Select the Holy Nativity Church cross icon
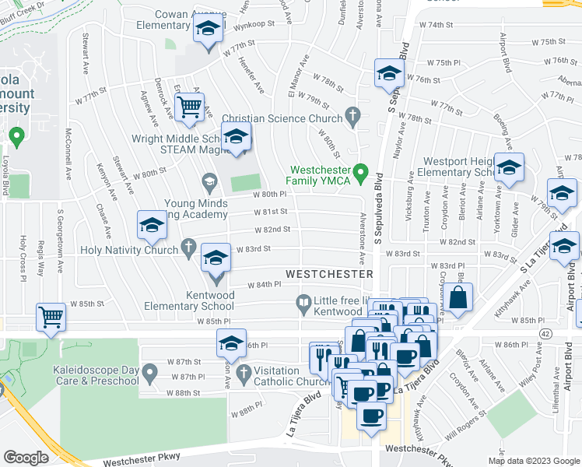pyautogui.click(x=188, y=248)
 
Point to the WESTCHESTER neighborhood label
pyautogui.click(x=329, y=274)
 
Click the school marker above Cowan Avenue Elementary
pyautogui.click(x=208, y=30)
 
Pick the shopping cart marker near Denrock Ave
pyautogui.click(x=189, y=107)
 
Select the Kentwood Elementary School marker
pyautogui.click(x=216, y=260)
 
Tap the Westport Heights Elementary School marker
pyautogui.click(x=509, y=168)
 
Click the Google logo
pyautogui.click(x=26, y=458)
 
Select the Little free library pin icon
pyautogui.click(x=304, y=301)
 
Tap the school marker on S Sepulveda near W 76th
pyautogui.click(x=388, y=74)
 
